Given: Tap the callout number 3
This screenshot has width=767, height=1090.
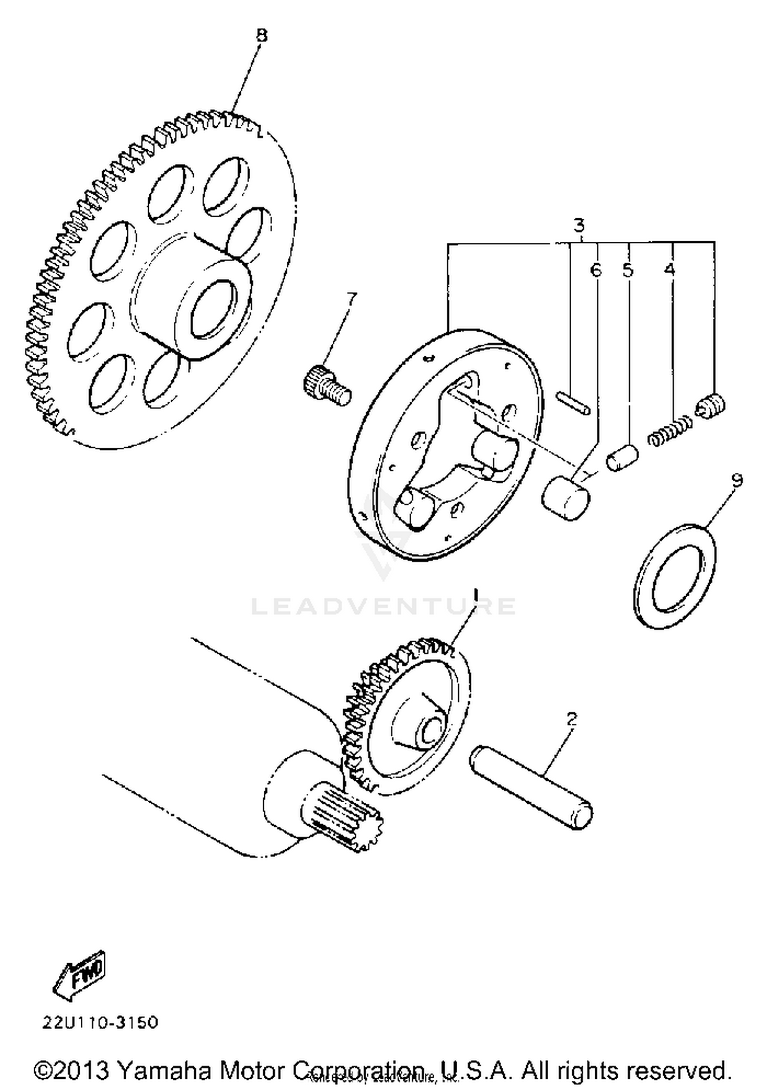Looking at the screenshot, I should (578, 225).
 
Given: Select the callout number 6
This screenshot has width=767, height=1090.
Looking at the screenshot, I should (596, 269).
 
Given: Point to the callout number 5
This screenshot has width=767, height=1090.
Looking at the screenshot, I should (628, 269).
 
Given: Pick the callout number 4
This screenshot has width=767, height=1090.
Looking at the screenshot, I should (669, 269).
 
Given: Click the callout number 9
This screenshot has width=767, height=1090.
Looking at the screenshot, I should (736, 480).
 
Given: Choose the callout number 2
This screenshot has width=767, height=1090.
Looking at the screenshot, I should (572, 719).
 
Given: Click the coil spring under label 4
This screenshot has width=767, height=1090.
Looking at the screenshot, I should (669, 432).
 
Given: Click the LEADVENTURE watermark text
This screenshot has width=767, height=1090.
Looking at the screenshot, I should (383, 606).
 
